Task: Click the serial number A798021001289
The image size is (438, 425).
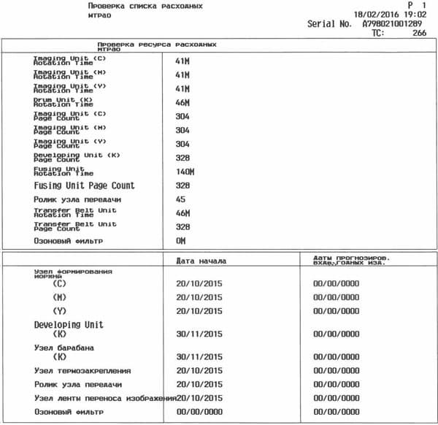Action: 392,24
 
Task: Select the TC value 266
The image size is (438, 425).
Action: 419,33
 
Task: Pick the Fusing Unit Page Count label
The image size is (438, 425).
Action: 85,185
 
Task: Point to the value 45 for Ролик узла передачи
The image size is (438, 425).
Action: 180,199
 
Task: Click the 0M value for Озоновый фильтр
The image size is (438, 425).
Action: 180,240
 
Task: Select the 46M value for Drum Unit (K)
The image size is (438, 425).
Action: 182,102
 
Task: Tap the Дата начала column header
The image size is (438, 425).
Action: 202,260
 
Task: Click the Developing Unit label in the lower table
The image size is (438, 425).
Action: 69,324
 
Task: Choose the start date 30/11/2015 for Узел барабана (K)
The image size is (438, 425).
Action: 199,358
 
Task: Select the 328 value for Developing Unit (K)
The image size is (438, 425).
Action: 182,158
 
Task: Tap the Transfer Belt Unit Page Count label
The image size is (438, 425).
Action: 74,227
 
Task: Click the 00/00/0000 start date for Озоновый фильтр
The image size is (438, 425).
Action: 199,412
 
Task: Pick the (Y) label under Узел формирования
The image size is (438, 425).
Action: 61,310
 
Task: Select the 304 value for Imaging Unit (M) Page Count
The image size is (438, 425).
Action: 182,130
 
